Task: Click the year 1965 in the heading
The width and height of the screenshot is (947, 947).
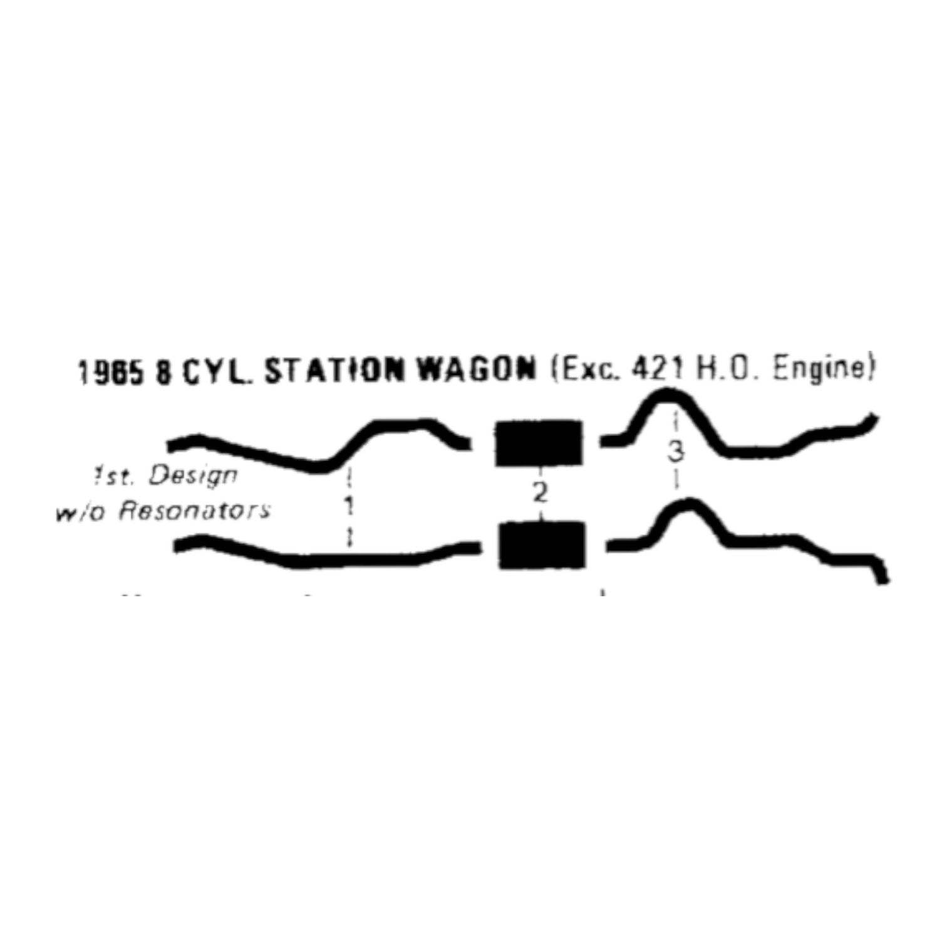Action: (111, 372)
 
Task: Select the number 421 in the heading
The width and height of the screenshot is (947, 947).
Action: (658, 371)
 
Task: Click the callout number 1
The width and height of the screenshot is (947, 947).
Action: (349, 505)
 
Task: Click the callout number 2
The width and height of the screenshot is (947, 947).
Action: (540, 493)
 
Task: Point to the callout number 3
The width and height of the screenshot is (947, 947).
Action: (675, 452)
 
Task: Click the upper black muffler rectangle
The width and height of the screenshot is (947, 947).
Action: (539, 443)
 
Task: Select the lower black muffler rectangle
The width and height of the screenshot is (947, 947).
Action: (542, 545)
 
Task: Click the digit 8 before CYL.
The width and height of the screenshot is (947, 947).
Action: (164, 372)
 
